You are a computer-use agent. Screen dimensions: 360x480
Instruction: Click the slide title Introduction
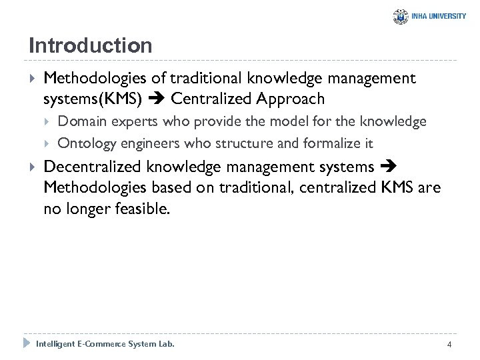91,46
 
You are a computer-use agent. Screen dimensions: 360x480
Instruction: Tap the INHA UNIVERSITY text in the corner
439,17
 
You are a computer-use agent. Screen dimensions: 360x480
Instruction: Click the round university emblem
401,17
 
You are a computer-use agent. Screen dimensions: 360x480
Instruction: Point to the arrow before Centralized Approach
157,100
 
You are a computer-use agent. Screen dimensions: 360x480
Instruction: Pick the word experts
127,121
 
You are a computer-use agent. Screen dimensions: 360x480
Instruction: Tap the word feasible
143,209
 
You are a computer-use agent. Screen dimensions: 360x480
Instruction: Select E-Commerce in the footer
104,344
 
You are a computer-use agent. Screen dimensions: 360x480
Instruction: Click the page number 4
449,345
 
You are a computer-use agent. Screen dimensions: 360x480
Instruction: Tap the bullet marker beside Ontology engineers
47,143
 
